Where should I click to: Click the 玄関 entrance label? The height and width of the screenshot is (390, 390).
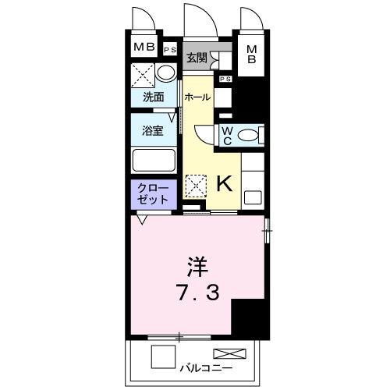point(197,58)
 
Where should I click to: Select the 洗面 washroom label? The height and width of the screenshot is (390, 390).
point(153,97)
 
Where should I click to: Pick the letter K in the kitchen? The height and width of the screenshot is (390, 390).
point(223,183)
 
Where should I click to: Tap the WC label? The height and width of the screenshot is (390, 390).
point(225,136)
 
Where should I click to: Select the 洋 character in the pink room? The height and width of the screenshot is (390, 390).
point(195,264)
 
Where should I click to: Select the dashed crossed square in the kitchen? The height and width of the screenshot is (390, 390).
point(195,185)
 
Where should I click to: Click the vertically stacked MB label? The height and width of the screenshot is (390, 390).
point(252,57)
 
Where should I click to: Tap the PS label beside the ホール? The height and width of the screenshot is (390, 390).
point(225,79)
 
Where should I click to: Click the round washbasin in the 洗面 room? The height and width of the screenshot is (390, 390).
point(165,73)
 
